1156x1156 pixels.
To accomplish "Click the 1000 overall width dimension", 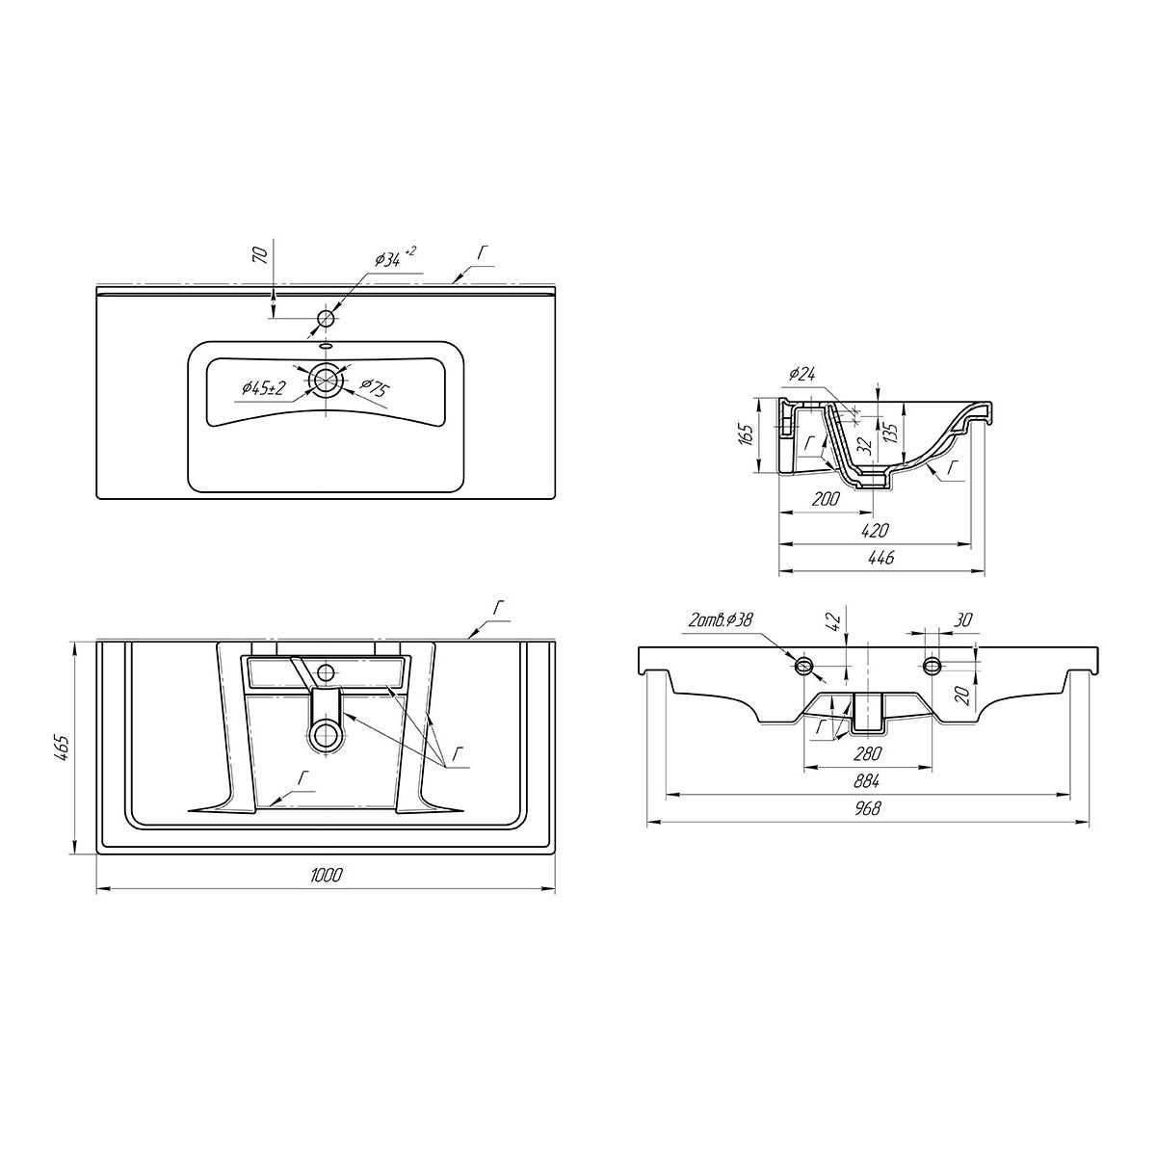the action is click(x=327, y=876).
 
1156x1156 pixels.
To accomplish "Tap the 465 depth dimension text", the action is click(x=65, y=748).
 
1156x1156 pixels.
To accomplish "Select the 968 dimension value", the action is click(x=867, y=808).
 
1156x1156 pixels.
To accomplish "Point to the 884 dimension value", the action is click(x=867, y=781).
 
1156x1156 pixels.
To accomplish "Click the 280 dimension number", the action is click(x=867, y=752).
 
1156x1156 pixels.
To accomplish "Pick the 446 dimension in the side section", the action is click(x=881, y=558).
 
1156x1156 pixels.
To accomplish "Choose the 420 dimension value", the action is click(x=875, y=530).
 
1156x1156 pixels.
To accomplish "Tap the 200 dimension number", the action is click(x=826, y=498).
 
